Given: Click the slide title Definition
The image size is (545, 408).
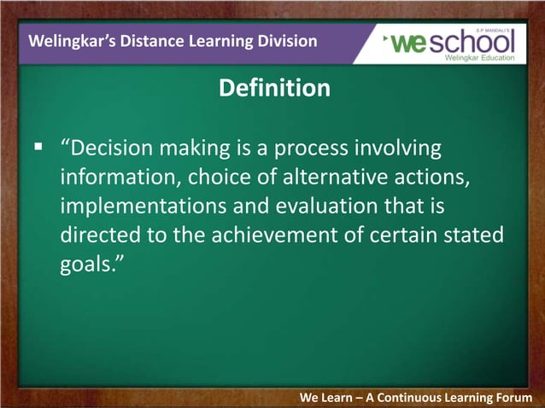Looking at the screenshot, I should (273, 88).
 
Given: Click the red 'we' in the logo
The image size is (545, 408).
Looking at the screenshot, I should (409, 41).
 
